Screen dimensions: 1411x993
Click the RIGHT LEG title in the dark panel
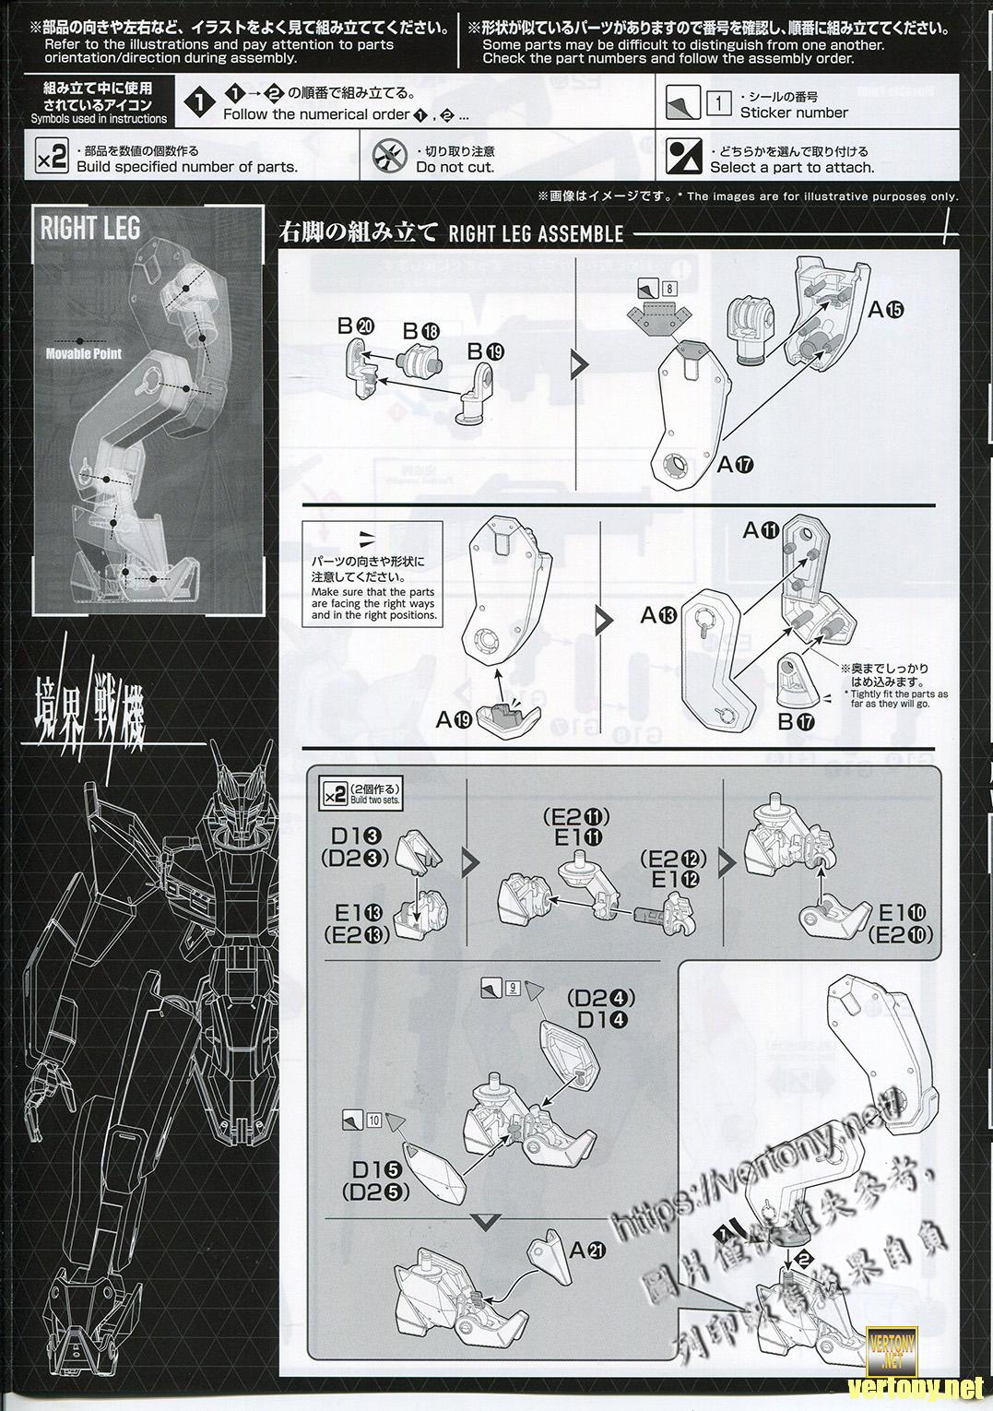click(90, 227)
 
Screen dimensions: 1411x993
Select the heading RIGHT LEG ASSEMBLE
click(536, 233)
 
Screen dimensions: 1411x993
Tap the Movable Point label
click(84, 353)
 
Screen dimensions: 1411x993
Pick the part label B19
click(486, 350)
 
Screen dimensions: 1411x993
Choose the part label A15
click(886, 310)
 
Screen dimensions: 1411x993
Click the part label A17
click(735, 465)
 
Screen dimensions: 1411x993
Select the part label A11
click(762, 530)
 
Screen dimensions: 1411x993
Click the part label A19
click(452, 720)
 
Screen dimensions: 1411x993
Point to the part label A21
click(587, 1251)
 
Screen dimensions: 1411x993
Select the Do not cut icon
click(390, 158)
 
